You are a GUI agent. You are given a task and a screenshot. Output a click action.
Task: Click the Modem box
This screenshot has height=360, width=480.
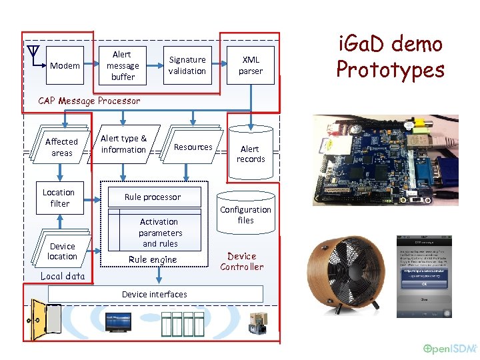point(65,66)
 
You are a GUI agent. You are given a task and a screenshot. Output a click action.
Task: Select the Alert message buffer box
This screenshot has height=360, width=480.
point(123,65)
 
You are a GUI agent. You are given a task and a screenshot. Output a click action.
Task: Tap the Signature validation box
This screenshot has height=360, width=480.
point(187,65)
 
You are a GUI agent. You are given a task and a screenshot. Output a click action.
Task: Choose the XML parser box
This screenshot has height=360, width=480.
point(251,65)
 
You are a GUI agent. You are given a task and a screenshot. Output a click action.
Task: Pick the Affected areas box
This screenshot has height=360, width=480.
point(61,147)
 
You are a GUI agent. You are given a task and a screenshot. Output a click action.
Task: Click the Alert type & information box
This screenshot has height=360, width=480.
point(125,144)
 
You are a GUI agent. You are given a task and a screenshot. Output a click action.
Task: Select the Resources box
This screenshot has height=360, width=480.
point(192,147)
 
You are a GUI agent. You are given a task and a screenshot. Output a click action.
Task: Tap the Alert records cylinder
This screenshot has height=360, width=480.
point(251,153)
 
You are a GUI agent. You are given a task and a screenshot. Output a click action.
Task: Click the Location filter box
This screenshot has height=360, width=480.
point(59,197)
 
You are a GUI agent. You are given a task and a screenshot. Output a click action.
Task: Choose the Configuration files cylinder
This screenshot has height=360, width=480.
point(245,214)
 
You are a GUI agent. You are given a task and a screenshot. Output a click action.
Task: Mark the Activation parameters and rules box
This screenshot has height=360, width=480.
point(160,232)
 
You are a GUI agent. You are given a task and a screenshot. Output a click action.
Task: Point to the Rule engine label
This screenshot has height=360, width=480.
point(153,259)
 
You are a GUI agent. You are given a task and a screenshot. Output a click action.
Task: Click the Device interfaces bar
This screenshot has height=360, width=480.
point(154,294)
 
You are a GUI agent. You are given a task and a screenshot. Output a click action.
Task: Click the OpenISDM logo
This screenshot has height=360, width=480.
point(451,349)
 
